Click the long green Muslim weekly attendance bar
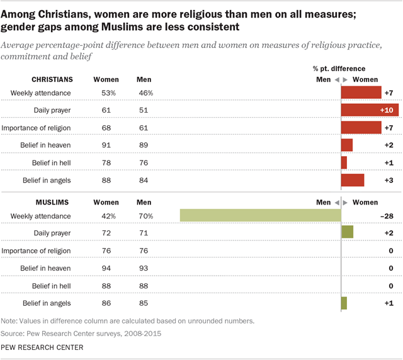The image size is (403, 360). tap(260, 215)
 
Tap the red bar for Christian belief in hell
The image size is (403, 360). tap(344, 162)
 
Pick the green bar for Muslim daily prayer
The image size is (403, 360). tap(347, 233)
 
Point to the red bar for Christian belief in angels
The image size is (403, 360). tap(353, 180)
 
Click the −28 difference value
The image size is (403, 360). tap(386, 216)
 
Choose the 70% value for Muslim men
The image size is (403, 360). tap(145, 216)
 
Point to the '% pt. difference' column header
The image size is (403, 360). tap(339, 68)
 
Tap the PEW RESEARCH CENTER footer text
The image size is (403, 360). tap(42, 348)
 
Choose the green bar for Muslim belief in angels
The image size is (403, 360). tap(344, 303)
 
